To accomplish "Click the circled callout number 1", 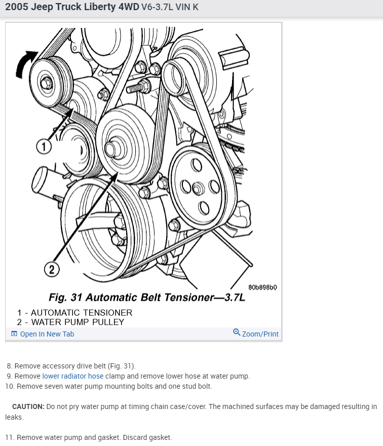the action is pos(44,147).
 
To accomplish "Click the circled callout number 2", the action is pos(52,269).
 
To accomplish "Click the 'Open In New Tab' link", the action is pos(47,334).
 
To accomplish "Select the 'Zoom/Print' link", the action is pos(260,334).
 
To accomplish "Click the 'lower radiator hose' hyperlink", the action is pos(73,376).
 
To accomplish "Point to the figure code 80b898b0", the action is pos(262,287).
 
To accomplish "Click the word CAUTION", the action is pos(28,406).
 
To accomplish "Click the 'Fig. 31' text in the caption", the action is pos(66,297).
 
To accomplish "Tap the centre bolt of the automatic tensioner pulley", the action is pos(46,83).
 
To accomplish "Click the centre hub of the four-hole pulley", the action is pos(198,189).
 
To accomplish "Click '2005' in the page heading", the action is pos(17,7).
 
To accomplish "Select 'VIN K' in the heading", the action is pos(187,7).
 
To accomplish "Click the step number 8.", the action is pos(10,366).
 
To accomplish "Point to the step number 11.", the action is pos(10,437).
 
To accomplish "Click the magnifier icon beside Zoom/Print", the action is pos(237,332).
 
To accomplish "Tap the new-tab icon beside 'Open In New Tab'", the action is pos(14,333).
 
